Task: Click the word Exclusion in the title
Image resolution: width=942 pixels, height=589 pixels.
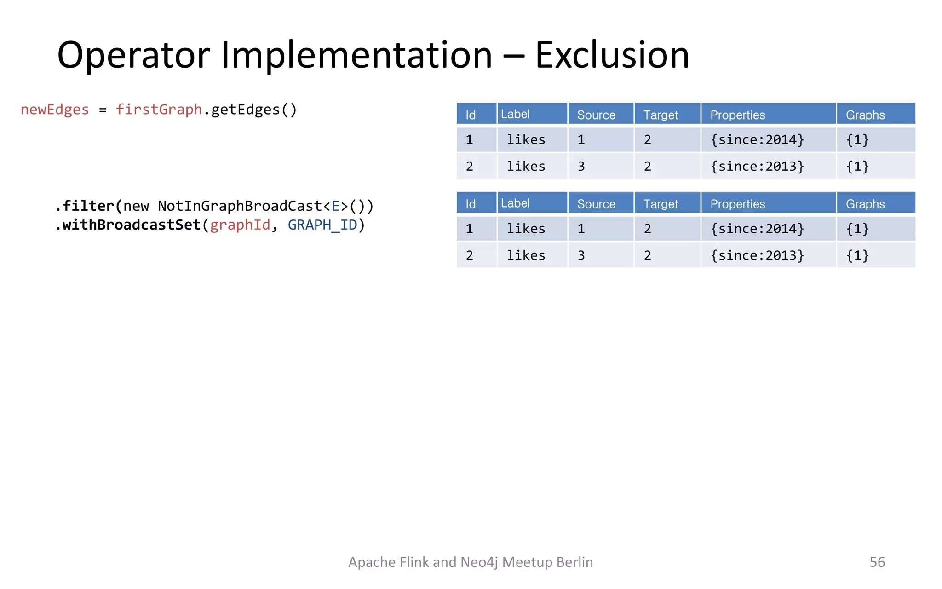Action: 612,55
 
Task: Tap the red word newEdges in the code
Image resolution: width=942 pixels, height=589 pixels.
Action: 55,110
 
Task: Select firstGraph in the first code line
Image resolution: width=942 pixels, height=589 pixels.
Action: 159,110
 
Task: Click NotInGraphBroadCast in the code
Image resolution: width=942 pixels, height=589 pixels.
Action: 239,206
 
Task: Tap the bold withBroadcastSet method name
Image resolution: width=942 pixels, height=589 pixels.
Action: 131,225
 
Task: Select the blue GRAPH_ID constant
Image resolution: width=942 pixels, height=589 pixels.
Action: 322,225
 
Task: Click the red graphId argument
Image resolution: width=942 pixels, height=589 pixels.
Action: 240,225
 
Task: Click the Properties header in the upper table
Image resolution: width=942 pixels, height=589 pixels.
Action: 737,115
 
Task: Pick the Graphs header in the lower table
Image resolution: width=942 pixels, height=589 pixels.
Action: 865,204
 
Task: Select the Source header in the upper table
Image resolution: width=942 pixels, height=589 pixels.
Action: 596,115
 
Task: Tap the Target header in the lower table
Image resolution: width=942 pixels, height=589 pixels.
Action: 661,204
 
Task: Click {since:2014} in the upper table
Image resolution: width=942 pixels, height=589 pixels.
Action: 757,139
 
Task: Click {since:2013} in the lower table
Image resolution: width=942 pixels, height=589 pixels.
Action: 757,255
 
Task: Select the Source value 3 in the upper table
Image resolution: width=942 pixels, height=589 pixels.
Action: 581,167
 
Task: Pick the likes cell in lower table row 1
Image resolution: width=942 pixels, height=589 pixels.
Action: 526,229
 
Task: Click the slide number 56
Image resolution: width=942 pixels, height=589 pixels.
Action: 877,562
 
